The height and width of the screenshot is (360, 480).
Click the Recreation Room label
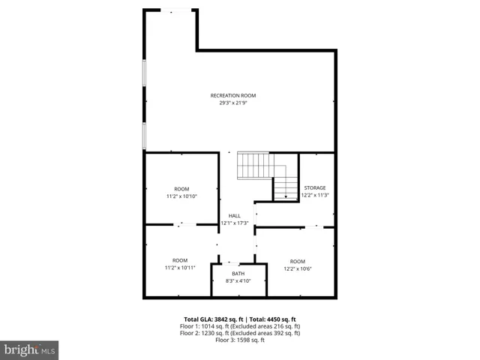click(x=233, y=95)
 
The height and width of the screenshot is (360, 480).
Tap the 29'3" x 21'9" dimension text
click(x=233, y=103)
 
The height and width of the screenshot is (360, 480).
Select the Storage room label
click(x=315, y=187)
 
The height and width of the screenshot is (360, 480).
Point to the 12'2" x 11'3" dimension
click(x=315, y=195)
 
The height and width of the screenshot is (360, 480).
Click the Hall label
click(x=235, y=215)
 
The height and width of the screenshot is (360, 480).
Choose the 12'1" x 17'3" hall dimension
click(x=235, y=223)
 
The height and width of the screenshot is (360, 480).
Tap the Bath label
click(x=238, y=274)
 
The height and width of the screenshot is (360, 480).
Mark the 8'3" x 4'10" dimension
click(x=238, y=281)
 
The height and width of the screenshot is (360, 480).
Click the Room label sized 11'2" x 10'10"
click(x=181, y=189)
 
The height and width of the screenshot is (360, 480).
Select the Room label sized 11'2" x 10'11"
click(x=180, y=260)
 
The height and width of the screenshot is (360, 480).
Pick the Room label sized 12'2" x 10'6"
click(x=298, y=261)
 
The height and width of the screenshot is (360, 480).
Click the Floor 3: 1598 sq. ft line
click(x=240, y=340)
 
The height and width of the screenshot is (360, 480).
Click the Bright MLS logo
click(x=29, y=349)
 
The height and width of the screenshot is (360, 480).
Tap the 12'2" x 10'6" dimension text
click(x=298, y=268)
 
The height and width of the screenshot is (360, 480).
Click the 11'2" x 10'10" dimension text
click(x=181, y=196)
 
